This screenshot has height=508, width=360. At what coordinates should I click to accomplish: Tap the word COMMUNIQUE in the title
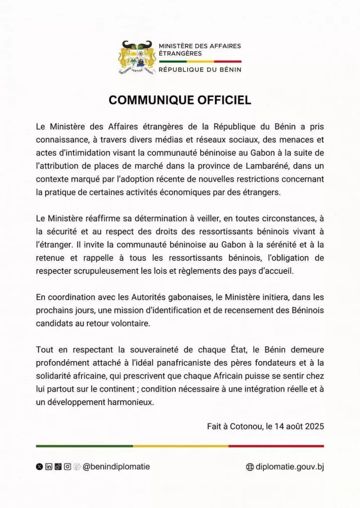[x=150, y=100]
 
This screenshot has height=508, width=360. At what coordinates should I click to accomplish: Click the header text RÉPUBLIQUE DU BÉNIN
[x=200, y=70]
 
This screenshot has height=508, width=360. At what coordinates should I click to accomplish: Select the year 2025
[x=314, y=426]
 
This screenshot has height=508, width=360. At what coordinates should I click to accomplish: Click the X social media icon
[x=40, y=467]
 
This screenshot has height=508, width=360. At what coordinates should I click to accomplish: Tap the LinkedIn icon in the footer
[x=49, y=467]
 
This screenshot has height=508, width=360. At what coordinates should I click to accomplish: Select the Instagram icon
[x=67, y=467]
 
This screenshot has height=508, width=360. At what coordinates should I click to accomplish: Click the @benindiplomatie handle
[x=116, y=467]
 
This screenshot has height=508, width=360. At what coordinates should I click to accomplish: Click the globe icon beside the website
[x=250, y=467]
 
